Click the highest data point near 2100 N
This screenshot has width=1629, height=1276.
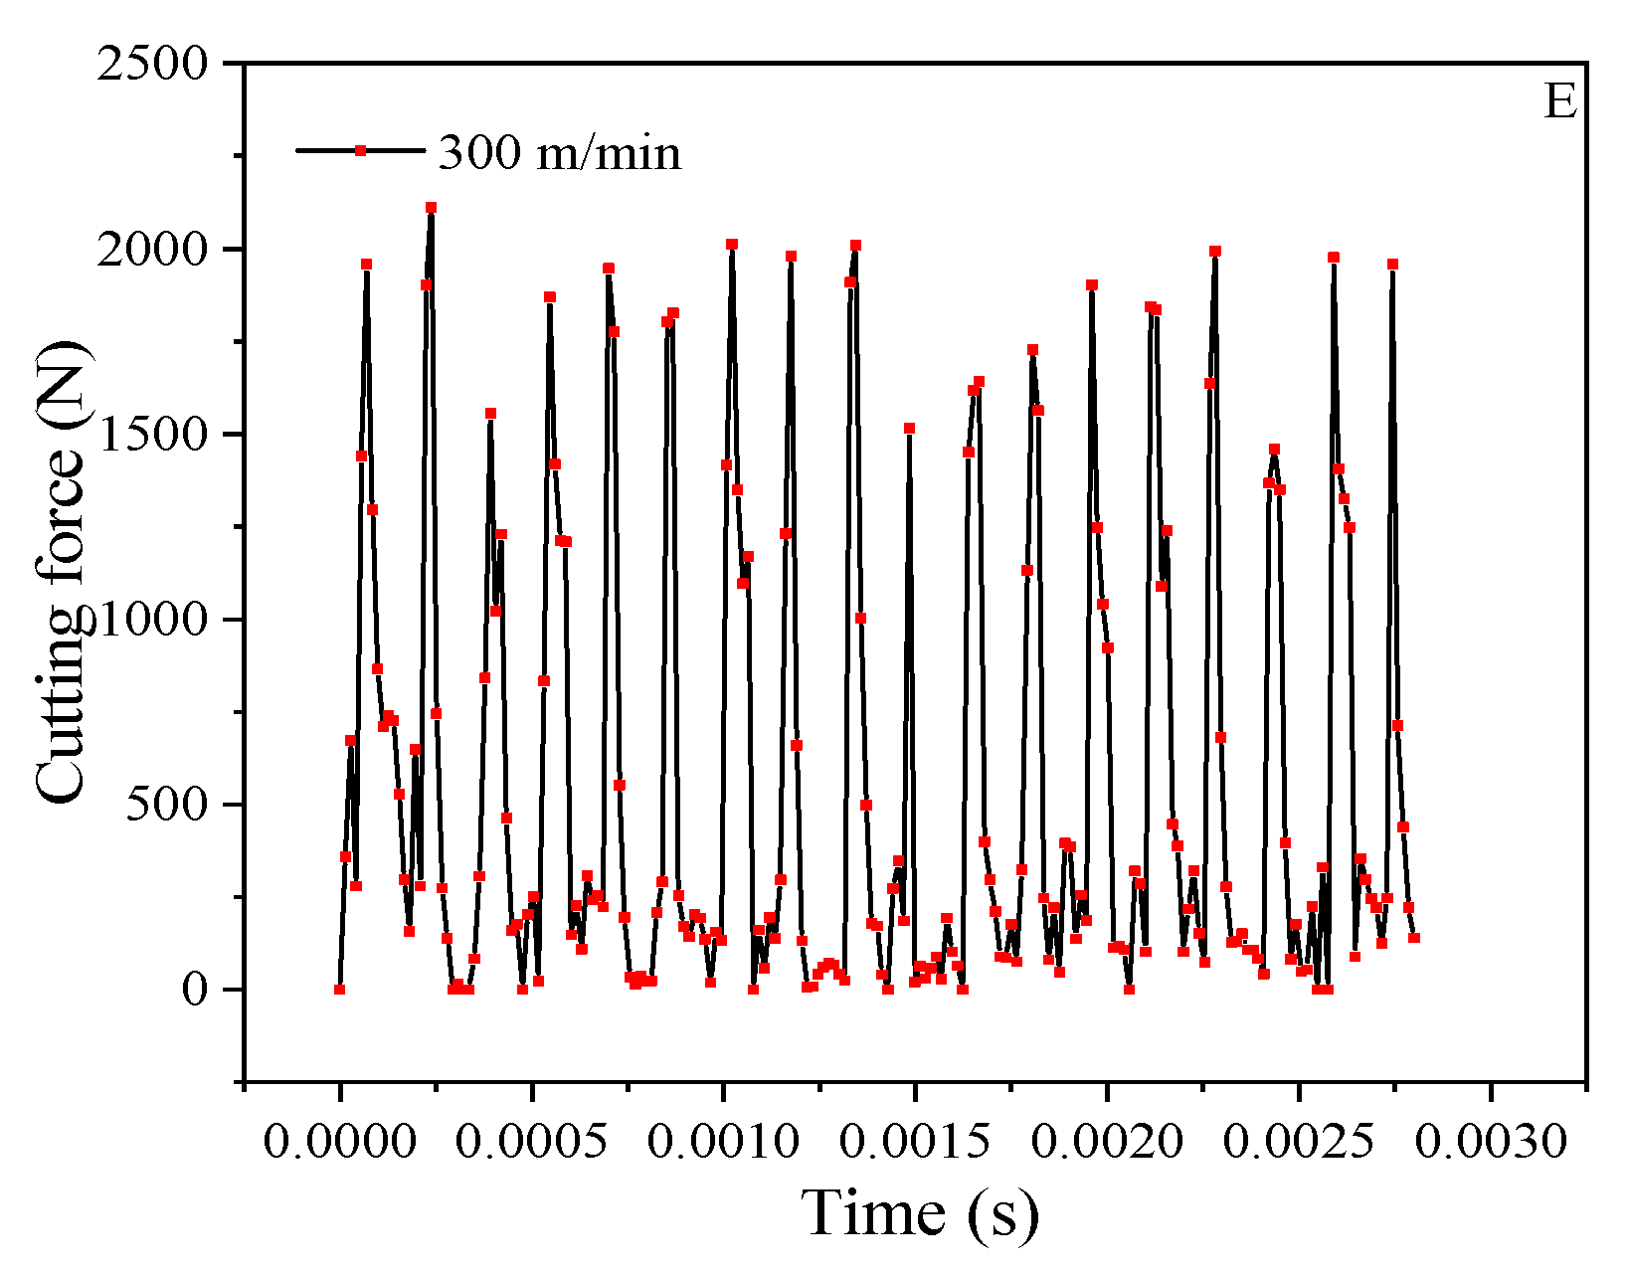click(431, 208)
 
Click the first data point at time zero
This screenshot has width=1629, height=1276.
click(339, 990)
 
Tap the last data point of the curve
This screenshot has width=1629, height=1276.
click(1413, 938)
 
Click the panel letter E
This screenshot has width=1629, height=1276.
click(1559, 102)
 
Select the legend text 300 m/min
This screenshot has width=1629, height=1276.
click(560, 152)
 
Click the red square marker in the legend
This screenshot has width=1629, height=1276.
click(361, 150)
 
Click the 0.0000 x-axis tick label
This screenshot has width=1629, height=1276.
click(339, 1142)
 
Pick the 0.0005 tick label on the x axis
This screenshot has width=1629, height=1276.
click(531, 1142)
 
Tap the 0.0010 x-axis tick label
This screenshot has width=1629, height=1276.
click(723, 1142)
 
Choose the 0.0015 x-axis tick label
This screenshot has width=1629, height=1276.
click(915, 1142)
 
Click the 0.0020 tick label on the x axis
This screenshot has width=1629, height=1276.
click(1107, 1142)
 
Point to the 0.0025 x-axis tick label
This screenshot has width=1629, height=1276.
click(1299, 1142)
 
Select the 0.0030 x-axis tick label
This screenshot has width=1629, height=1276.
click(1491, 1142)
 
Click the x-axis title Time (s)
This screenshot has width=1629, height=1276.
click(920, 1214)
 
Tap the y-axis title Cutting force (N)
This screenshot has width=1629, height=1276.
click(62, 572)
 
